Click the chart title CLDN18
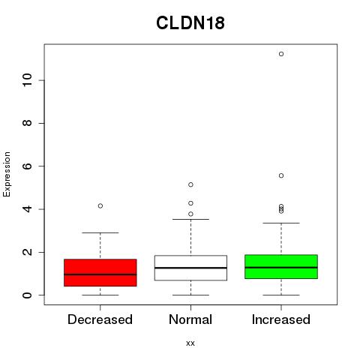[x=190, y=23]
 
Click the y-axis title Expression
[x=7, y=174]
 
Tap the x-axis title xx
[x=190, y=343]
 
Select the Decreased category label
[x=100, y=319]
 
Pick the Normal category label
[x=190, y=319]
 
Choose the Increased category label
[x=281, y=319]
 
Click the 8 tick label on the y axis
[x=28, y=123]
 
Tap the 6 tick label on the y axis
[x=28, y=166]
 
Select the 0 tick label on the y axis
[x=28, y=295]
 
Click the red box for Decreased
[x=100, y=273]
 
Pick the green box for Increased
[x=281, y=267]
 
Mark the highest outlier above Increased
[x=281, y=54]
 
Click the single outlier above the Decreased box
[x=100, y=206]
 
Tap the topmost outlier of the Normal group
[x=190, y=184]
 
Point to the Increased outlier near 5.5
[x=281, y=175]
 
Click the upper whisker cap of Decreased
[x=100, y=232]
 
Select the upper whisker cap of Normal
[x=190, y=219]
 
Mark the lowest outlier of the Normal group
[x=190, y=214]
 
